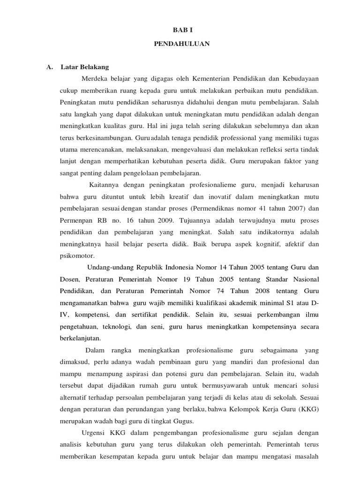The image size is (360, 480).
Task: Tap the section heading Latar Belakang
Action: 85,67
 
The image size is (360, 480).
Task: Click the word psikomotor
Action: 77,256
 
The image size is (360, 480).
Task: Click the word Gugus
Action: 183,421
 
